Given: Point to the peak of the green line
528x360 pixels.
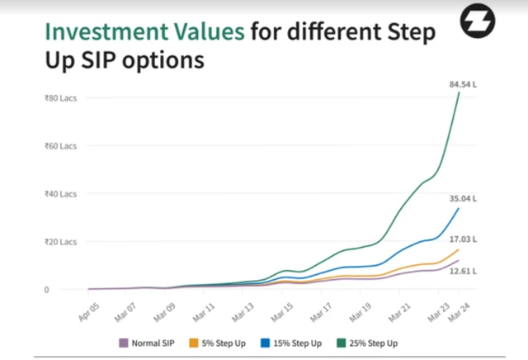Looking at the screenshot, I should tap(459, 92).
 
